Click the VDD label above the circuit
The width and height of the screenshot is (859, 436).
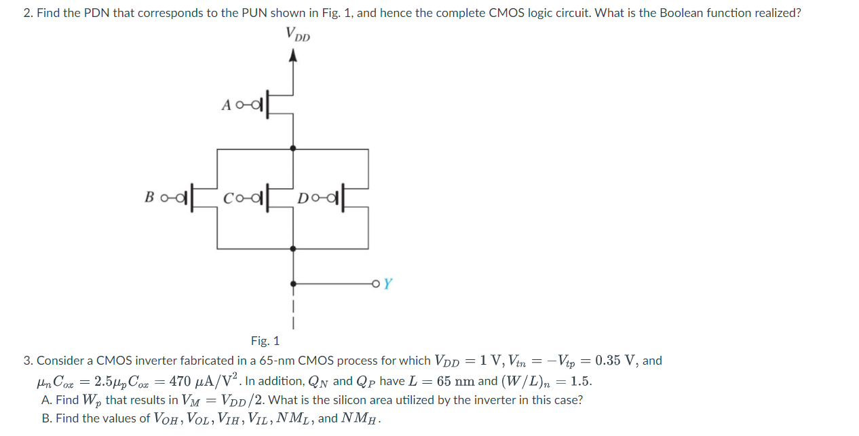coord(297,34)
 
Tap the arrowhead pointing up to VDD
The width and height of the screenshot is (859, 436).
coord(293,58)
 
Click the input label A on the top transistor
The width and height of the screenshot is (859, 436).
coord(227,105)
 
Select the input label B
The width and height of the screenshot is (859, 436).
coord(149,197)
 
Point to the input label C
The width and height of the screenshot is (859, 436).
coord(229,198)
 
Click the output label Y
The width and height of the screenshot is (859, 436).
coord(387,284)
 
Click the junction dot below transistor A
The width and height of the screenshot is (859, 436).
coord(293,147)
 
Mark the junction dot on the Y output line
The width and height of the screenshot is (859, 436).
coord(293,283)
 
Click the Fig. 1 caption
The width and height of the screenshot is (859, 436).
coord(265,341)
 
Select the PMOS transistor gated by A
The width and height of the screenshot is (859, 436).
coord(271,105)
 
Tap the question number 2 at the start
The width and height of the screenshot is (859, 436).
coord(27,13)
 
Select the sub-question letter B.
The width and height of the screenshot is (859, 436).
coord(46,418)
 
